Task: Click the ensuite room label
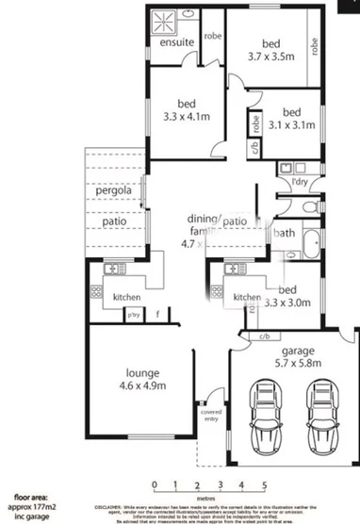(x=177, y=43)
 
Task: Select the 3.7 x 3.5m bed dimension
(x=271, y=57)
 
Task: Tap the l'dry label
(x=303, y=181)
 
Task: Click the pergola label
(x=112, y=193)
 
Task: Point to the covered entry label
(x=209, y=416)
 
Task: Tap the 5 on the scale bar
(x=265, y=484)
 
